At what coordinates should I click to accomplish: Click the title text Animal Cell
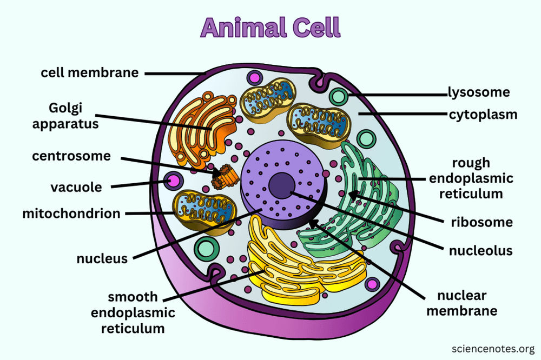[x=270, y=28]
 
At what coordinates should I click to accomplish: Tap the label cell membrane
[x=90, y=72]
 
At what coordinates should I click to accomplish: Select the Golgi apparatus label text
[x=65, y=116]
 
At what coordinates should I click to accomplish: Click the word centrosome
[x=71, y=156]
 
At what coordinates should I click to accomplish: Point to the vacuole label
[x=76, y=187]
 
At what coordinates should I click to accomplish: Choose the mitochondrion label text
[x=71, y=214]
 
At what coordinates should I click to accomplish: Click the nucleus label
[x=102, y=258]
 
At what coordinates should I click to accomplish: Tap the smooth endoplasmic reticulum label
[x=133, y=312]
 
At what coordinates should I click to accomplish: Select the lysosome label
[x=479, y=92]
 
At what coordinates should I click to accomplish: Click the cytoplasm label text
[x=483, y=115]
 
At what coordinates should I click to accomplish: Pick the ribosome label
[x=481, y=222]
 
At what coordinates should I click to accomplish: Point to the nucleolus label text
[x=480, y=251]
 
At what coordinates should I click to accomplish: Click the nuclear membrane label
[x=462, y=303]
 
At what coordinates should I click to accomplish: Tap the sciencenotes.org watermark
[x=493, y=349]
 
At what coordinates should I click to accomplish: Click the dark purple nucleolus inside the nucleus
[x=281, y=185]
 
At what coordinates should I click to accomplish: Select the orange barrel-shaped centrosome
[x=225, y=177]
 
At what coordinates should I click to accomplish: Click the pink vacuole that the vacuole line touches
[x=173, y=181]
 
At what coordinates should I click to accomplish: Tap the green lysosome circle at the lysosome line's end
[x=339, y=97]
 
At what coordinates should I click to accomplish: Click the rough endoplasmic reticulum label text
[x=471, y=178]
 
